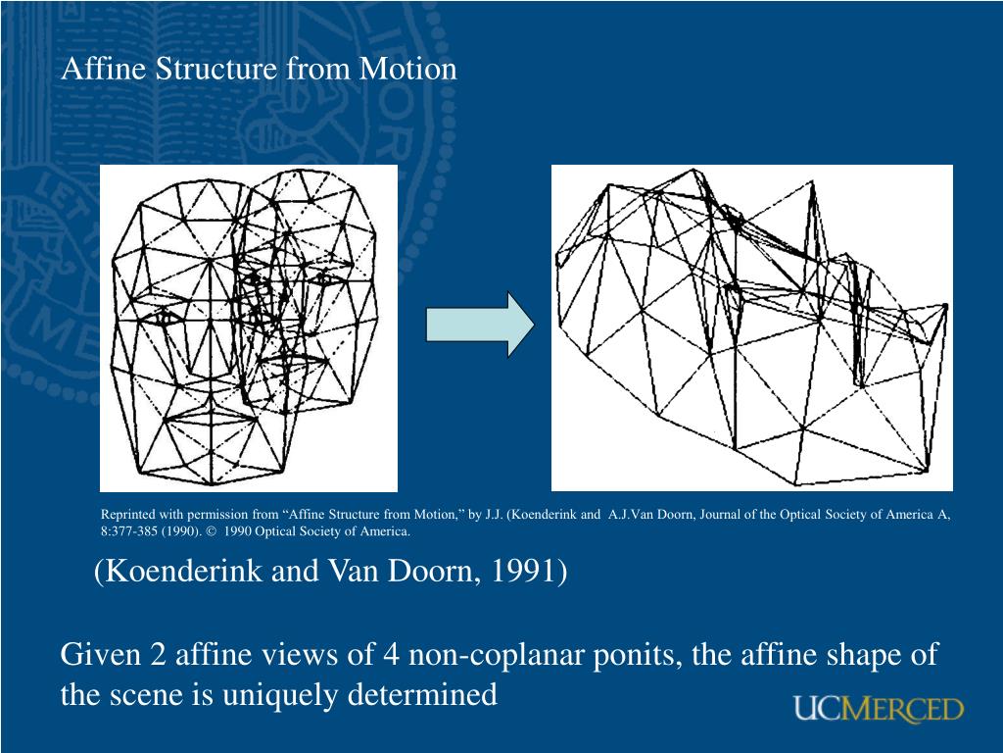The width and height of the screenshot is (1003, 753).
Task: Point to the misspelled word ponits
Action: (636, 654)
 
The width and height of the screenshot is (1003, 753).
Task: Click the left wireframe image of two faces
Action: (249, 327)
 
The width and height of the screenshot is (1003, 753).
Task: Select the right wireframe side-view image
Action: (751, 327)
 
